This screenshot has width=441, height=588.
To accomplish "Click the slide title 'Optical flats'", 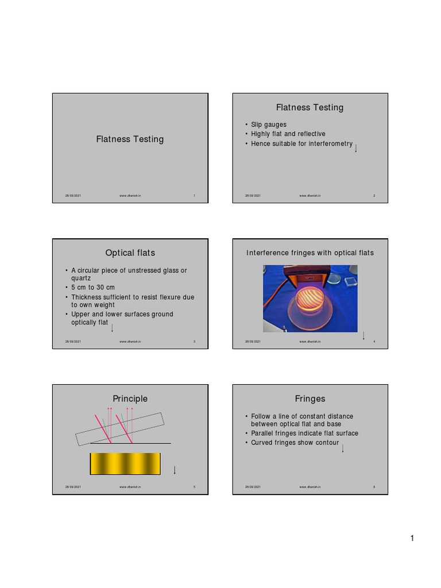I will click(130, 253).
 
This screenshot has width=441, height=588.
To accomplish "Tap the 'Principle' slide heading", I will click(130, 399).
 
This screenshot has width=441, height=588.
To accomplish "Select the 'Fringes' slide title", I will click(310, 399).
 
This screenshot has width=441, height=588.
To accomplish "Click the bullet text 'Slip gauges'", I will click(269, 125).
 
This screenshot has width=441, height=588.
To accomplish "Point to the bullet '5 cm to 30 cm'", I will click(92, 287).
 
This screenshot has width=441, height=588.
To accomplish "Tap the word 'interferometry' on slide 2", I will click(330, 144).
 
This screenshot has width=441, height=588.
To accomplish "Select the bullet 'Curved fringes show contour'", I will click(295, 443).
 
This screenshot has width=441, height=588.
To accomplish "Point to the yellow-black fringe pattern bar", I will click(125, 463).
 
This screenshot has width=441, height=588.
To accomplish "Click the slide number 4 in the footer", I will click(374, 342).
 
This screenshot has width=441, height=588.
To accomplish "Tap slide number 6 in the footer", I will click(374, 487).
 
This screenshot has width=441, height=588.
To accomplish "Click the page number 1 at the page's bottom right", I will click(412, 538).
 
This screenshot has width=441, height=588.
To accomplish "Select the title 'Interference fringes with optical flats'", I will click(310, 253).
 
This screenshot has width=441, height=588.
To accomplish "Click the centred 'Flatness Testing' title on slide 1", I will click(130, 139).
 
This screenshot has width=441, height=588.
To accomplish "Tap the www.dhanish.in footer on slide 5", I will click(130, 487).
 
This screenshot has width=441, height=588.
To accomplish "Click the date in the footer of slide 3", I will click(73, 342).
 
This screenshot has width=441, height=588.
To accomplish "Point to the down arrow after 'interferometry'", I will click(356, 148).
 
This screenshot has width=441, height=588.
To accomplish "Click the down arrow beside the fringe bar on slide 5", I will click(175, 470).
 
